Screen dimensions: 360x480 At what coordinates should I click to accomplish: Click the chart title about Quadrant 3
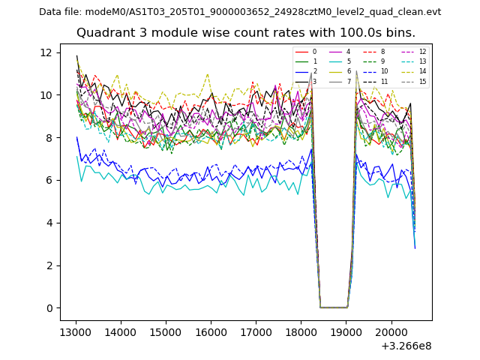245,33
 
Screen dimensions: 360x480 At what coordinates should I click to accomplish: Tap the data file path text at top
240,11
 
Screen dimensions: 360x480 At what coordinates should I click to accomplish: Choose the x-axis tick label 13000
75,331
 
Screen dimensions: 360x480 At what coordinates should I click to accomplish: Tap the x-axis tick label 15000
165,331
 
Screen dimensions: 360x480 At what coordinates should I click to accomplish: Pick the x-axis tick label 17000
256,331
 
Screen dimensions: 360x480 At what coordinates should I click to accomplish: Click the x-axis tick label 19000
346,331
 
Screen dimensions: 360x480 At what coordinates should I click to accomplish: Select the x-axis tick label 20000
391,331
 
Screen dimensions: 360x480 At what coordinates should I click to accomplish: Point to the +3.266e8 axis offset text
406,346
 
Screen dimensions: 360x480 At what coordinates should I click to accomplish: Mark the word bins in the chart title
401,33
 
